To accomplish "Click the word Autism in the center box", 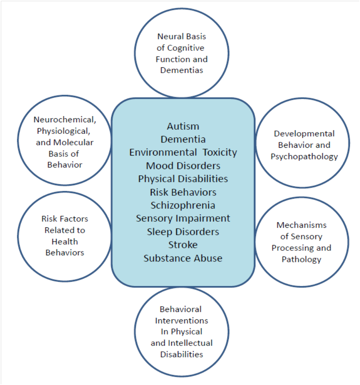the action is pyautogui.click(x=183, y=126).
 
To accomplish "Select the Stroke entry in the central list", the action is pyautogui.click(x=183, y=245).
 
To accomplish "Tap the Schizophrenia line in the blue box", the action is pyautogui.click(x=183, y=205).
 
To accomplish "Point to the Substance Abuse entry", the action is pyautogui.click(x=183, y=258).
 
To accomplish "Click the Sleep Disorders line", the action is pyautogui.click(x=183, y=231).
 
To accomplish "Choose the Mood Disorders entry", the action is pyautogui.click(x=183, y=166).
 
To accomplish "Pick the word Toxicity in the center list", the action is pyautogui.click(x=220, y=152).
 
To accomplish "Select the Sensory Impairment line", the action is pyautogui.click(x=183, y=218).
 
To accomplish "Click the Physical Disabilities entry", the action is pyautogui.click(x=183, y=179).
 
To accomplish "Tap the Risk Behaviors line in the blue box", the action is pyautogui.click(x=183, y=192).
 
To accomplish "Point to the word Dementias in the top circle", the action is pyautogui.click(x=182, y=70).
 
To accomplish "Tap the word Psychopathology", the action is pyautogui.click(x=304, y=157).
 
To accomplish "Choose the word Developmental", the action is pyautogui.click(x=304, y=134).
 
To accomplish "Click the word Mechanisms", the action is pyautogui.click(x=301, y=225).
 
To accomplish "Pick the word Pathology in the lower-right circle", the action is pyautogui.click(x=301, y=259).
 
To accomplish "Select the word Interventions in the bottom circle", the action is pyautogui.click(x=182, y=321).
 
